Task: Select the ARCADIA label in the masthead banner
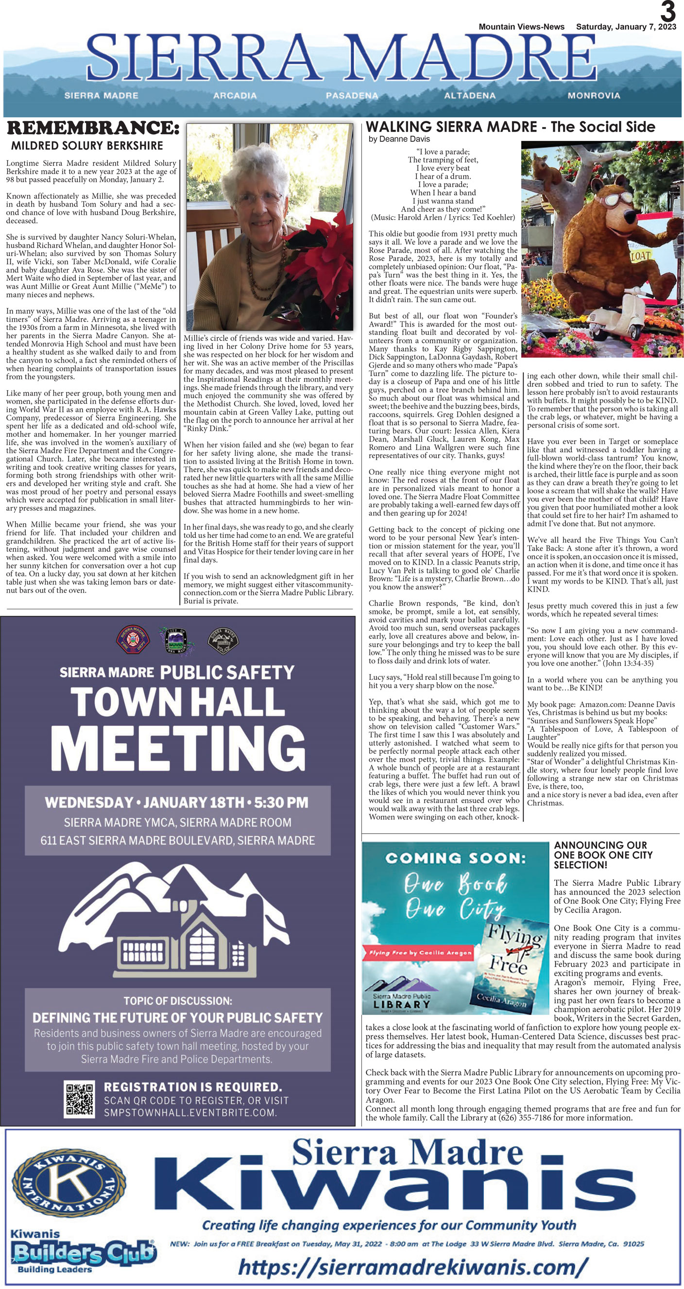tap(235, 95)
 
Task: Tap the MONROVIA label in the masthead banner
tap(594, 95)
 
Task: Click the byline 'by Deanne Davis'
tap(399, 139)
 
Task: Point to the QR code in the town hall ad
tap(80, 1099)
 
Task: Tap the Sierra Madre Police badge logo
tap(222, 640)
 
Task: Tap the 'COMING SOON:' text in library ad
tap(455, 859)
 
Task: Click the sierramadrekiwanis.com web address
tap(410, 1267)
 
